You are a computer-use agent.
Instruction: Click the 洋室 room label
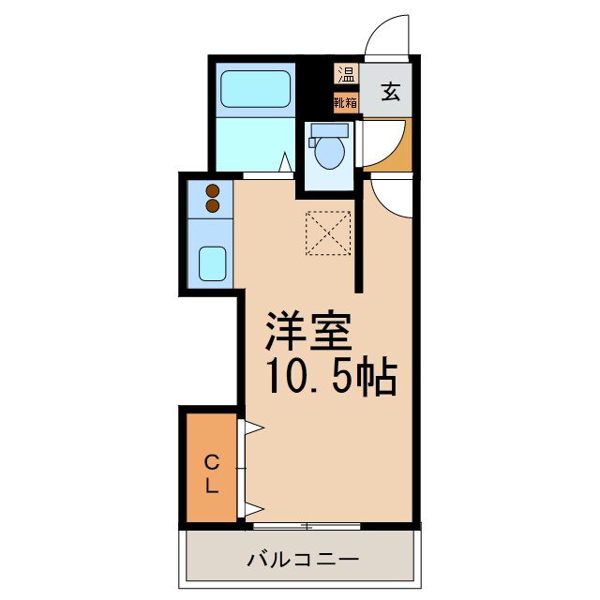(x=308, y=330)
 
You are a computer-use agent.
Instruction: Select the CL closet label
(x=212, y=474)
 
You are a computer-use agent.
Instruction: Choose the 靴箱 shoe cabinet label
(x=346, y=101)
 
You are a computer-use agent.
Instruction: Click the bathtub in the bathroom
(x=256, y=94)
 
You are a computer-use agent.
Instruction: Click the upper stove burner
(x=212, y=191)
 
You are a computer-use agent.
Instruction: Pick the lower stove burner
(x=212, y=205)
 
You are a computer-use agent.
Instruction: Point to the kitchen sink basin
(x=213, y=263)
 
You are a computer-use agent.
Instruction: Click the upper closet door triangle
(x=252, y=429)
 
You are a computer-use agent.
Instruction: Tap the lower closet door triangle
(x=252, y=510)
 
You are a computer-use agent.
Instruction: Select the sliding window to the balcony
(x=307, y=526)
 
